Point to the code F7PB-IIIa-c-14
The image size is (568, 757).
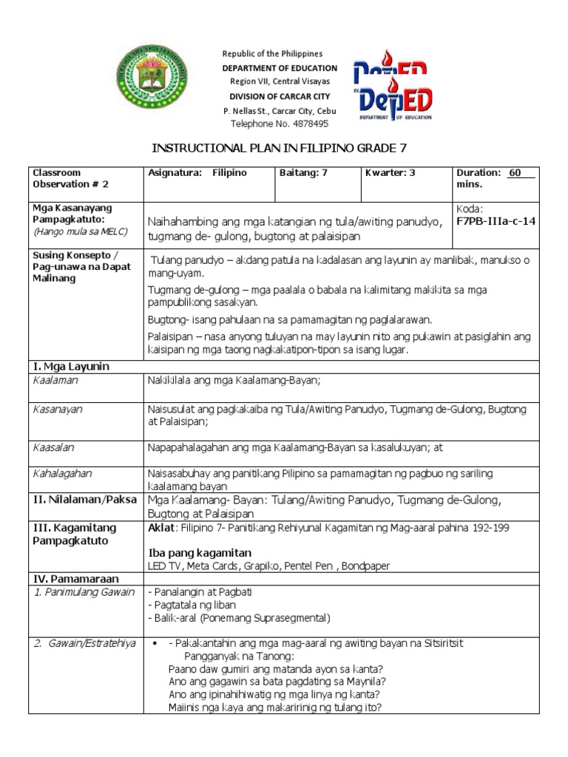[496, 221]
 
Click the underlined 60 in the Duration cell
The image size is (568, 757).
[515, 173]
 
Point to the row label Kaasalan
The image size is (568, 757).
[54, 447]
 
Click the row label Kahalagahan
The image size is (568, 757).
[62, 473]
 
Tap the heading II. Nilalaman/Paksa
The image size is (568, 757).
[84, 500]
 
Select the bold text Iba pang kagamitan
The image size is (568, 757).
[200, 553]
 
